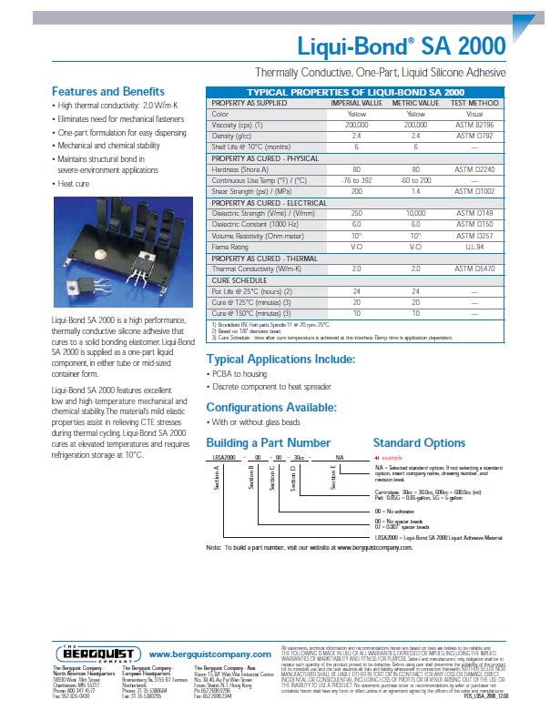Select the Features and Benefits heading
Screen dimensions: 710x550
tap(108, 92)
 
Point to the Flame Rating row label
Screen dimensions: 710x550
tap(230, 246)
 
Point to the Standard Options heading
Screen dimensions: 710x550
tap(419, 443)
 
